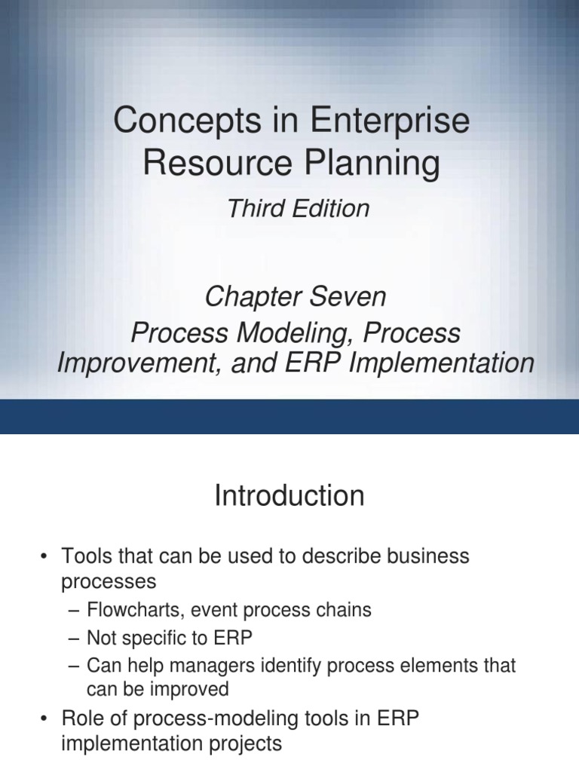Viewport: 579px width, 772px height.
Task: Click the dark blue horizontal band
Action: [289, 416]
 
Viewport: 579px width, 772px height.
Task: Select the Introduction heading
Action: [289, 496]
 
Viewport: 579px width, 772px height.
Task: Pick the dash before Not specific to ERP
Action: [74, 638]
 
